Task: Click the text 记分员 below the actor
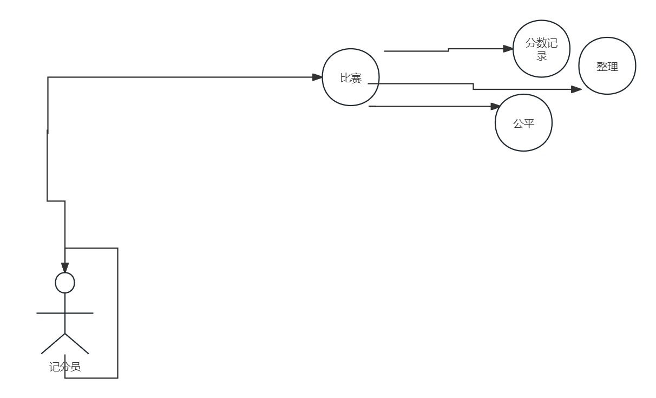pyautogui.click(x=65, y=367)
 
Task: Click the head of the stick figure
pyautogui.click(x=65, y=283)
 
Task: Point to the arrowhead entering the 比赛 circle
pyautogui.click(x=318, y=77)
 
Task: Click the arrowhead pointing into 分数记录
pyautogui.click(x=508, y=49)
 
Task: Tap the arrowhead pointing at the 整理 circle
pyautogui.click(x=576, y=89)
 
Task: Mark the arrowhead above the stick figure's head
pyautogui.click(x=65, y=267)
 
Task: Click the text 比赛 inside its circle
pyautogui.click(x=351, y=78)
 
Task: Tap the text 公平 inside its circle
pyautogui.click(x=523, y=123)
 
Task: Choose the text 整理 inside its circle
pyautogui.click(x=607, y=67)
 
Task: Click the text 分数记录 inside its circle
pyautogui.click(x=541, y=49)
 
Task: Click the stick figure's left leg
pyautogui.click(x=53, y=343)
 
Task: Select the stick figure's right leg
pyautogui.click(x=77, y=343)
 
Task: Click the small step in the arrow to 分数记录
pyautogui.click(x=449, y=50)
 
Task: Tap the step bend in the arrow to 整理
pyautogui.click(x=474, y=87)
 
